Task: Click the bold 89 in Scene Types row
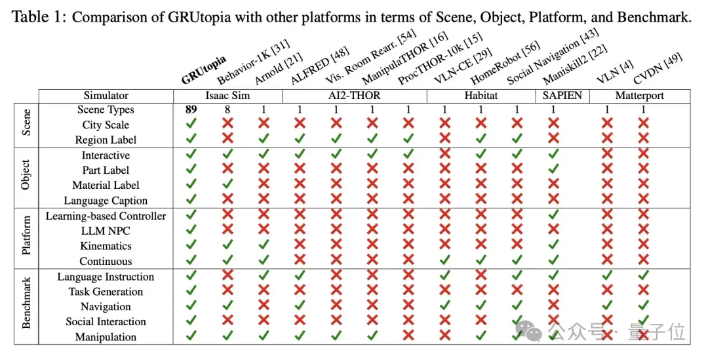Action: (191, 110)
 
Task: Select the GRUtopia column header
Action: (204, 70)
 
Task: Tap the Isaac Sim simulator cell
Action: (227, 96)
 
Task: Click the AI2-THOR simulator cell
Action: (355, 96)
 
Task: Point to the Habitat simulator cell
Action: (481, 96)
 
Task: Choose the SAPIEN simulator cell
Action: (562, 96)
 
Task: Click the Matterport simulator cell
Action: (640, 96)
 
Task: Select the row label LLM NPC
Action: (106, 231)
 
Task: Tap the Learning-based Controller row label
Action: (106, 216)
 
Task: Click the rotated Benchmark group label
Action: (26, 303)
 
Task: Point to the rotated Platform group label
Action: (26, 235)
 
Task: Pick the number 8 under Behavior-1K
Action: (227, 110)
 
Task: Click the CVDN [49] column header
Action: (658, 69)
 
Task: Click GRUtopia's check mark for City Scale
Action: (191, 123)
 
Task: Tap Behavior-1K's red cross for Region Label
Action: (227, 138)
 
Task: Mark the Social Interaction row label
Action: (106, 321)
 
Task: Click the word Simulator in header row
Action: (106, 96)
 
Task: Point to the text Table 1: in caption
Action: (39, 18)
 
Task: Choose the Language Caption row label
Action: (106, 201)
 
